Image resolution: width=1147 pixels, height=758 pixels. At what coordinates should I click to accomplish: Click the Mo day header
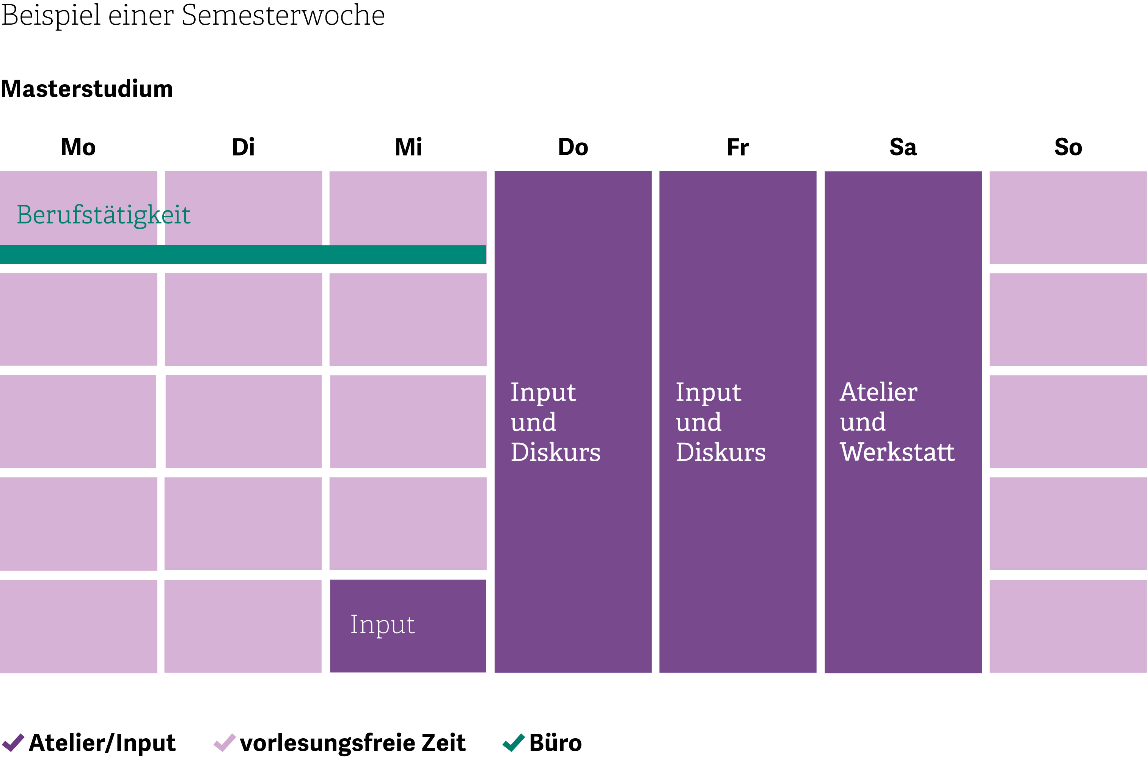pyautogui.click(x=78, y=147)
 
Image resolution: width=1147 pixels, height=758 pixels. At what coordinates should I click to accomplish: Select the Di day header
pyautogui.click(x=243, y=147)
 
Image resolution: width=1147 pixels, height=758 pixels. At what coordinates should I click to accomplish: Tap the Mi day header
pyautogui.click(x=409, y=147)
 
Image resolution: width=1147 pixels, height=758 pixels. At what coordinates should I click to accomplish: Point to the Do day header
pyautogui.click(x=573, y=147)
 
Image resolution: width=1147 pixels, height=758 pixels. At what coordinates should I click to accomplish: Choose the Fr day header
pyautogui.click(x=738, y=147)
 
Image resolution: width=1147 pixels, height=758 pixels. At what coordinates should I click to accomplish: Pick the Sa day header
pyautogui.click(x=903, y=147)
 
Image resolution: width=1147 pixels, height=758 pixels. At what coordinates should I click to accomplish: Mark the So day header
pyautogui.click(x=1068, y=147)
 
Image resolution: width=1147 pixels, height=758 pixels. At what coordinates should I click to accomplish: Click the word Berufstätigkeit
pyautogui.click(x=104, y=215)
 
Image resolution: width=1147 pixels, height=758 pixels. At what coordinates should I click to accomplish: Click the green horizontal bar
pyautogui.click(x=243, y=254)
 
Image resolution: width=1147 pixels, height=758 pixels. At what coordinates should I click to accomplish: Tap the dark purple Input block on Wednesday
pyautogui.click(x=408, y=626)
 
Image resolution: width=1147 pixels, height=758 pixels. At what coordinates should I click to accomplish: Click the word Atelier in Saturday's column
pyautogui.click(x=878, y=392)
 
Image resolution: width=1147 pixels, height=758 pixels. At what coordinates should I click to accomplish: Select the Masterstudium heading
pyautogui.click(x=87, y=89)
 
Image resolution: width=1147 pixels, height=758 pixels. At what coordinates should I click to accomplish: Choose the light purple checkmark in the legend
pyautogui.click(x=225, y=742)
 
